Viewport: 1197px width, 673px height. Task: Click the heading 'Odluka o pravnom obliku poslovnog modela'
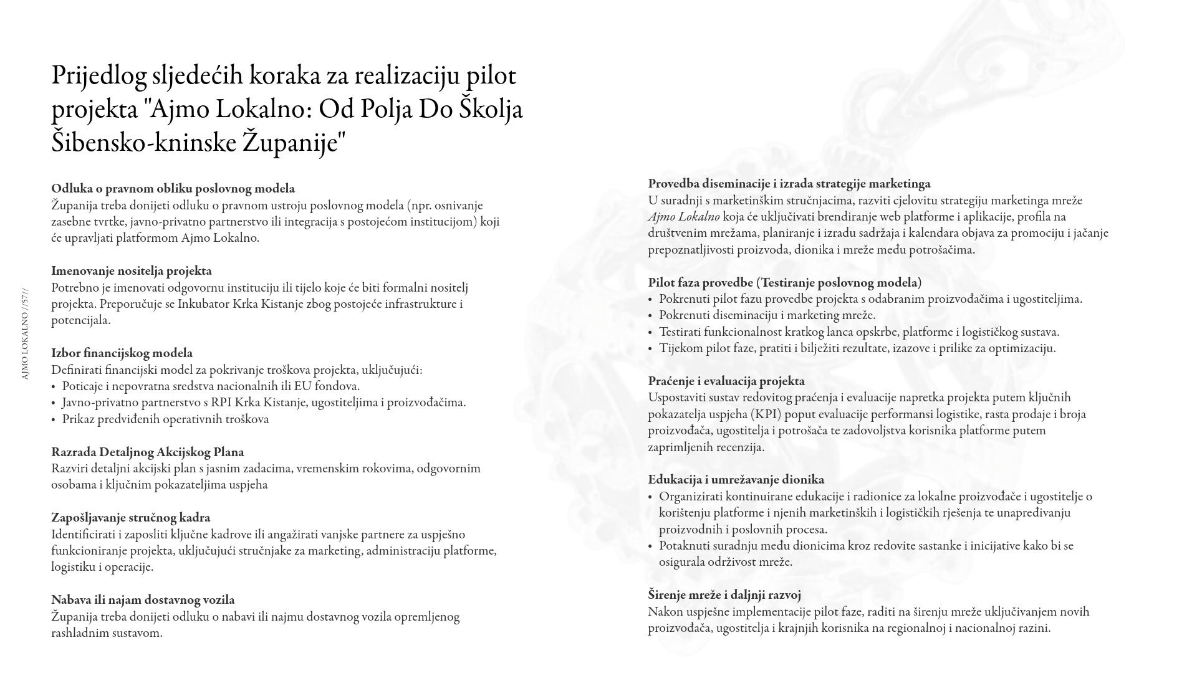pyautogui.click(x=173, y=189)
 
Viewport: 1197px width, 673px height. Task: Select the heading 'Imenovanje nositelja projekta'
pyautogui.click(x=132, y=271)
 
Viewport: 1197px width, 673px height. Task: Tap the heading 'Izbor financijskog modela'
pyautogui.click(x=122, y=353)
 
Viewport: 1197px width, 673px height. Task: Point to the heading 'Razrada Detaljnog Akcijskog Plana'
pyautogui.click(x=147, y=452)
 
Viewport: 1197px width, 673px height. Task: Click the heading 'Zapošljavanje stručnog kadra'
pyautogui.click(x=130, y=518)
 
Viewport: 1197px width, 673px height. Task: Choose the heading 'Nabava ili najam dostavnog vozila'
pyautogui.click(x=143, y=600)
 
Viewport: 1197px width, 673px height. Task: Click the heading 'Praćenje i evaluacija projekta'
pyautogui.click(x=726, y=381)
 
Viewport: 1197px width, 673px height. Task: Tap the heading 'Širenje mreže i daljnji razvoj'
pyautogui.click(x=724, y=595)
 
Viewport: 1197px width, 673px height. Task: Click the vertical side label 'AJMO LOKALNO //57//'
pyautogui.click(x=25, y=334)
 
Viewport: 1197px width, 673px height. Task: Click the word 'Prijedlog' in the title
pyautogui.click(x=98, y=76)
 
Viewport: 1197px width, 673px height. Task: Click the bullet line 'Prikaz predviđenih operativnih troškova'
pyautogui.click(x=165, y=419)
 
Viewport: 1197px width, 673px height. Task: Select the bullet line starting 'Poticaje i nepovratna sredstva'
pyautogui.click(x=211, y=386)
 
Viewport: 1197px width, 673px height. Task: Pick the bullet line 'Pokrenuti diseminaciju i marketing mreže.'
pyautogui.click(x=767, y=315)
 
